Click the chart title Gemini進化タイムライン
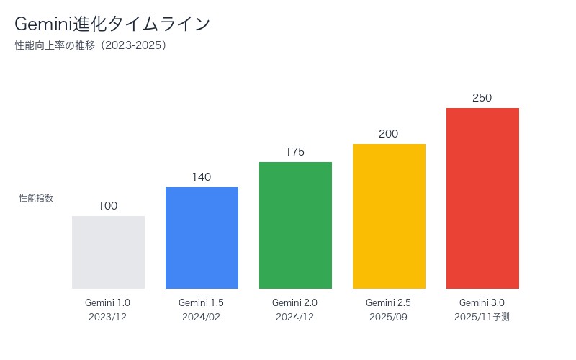(x=112, y=24)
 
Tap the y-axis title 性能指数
(x=36, y=198)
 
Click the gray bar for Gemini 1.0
(x=108, y=252)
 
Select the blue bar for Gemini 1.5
(x=202, y=238)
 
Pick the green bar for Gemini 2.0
(x=295, y=225)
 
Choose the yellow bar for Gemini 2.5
(x=389, y=216)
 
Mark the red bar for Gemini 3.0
(x=482, y=198)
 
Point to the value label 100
(x=108, y=206)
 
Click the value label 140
(x=202, y=177)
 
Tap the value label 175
(x=295, y=152)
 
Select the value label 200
(x=389, y=134)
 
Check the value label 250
(x=482, y=98)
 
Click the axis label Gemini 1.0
(x=108, y=302)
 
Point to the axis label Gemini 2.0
(x=295, y=302)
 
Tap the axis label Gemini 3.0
(x=482, y=302)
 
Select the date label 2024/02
(x=202, y=317)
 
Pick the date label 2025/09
(x=389, y=317)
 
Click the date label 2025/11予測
(x=482, y=317)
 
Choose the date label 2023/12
(x=108, y=317)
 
